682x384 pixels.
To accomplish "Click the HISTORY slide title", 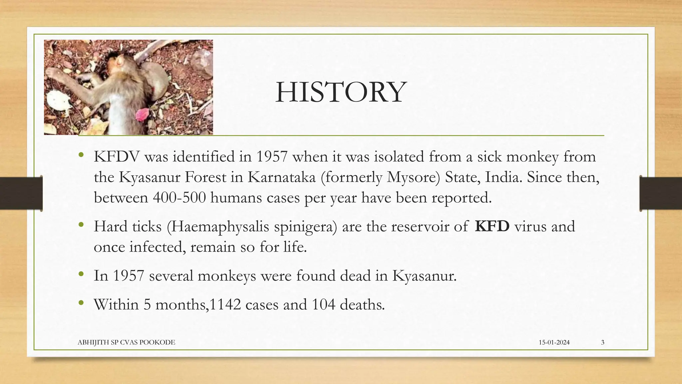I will click(x=341, y=92).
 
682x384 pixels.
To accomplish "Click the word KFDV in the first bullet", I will click(x=116, y=157).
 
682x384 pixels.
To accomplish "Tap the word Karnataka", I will click(x=281, y=177).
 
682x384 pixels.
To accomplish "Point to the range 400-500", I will click(x=179, y=198).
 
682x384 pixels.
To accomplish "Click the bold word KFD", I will click(x=492, y=226).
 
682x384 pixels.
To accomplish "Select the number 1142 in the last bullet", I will click(x=225, y=305).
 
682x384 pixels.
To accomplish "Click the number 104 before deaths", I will click(x=323, y=305).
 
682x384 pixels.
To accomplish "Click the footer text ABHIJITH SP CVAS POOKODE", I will click(x=126, y=342).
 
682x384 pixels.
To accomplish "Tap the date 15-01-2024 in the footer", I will click(x=554, y=342).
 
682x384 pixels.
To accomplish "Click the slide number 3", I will click(x=603, y=342).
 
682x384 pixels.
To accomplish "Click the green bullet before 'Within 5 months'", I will click(x=81, y=303).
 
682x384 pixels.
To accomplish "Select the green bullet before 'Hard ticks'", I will click(x=81, y=225).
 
